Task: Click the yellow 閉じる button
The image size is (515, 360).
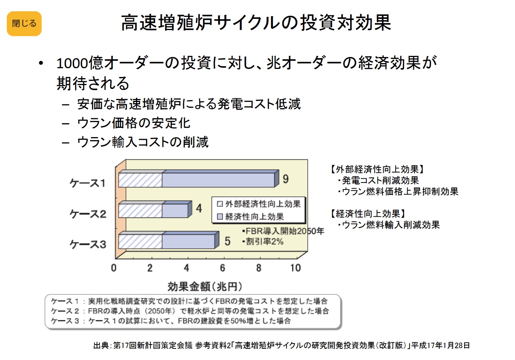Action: (24, 23)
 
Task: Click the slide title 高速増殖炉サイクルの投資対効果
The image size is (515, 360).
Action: (256, 22)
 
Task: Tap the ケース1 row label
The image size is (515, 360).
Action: (87, 183)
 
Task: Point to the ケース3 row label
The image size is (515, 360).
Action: (87, 244)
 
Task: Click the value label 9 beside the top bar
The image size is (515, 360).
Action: (285, 179)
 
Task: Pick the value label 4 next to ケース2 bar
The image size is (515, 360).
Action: (199, 208)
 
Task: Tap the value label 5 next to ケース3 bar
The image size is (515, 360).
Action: (227, 241)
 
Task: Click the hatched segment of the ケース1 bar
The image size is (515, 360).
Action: (140, 180)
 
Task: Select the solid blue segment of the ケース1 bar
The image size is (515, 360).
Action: (218, 180)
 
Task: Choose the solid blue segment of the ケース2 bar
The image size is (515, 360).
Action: (175, 211)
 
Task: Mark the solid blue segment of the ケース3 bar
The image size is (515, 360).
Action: (188, 241)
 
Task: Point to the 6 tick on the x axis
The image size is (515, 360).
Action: (223, 268)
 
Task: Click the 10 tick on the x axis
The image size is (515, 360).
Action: (295, 268)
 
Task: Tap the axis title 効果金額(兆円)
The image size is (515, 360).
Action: (205, 286)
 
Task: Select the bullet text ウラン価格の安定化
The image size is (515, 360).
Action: (134, 123)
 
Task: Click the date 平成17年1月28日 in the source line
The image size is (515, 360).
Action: (441, 345)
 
